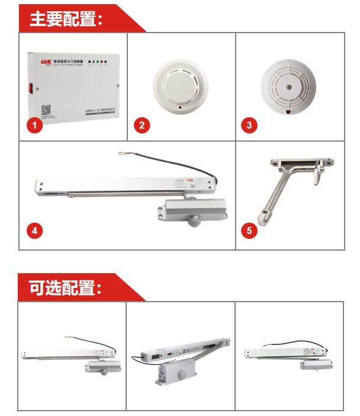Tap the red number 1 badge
tap(34, 125)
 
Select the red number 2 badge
tap(141, 125)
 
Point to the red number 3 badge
tap(249, 125)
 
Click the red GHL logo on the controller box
tap(46, 61)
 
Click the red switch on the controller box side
tap(27, 91)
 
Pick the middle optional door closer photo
tap(181, 357)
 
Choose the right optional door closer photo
tap(289, 357)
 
